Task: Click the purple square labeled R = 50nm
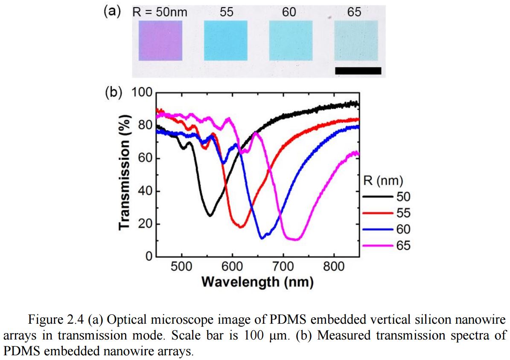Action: tap(160, 41)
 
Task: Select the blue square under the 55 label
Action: tap(226, 41)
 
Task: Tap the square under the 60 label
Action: tap(291, 41)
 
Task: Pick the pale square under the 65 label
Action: tap(356, 41)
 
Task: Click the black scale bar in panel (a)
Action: tap(358, 70)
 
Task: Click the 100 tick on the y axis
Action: tap(143, 92)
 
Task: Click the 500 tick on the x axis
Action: tap(182, 267)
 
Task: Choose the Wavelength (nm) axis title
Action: tap(257, 282)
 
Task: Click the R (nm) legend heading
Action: tap(383, 181)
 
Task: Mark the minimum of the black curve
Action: tap(210, 215)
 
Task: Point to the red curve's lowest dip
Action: tap(240, 227)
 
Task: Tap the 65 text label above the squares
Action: tap(354, 12)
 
